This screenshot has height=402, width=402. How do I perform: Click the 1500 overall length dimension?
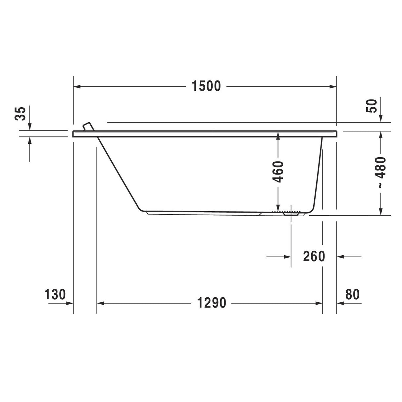pos(206,86)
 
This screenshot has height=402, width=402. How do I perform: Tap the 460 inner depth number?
pos(278,172)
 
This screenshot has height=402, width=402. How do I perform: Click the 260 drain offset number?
pos(314,256)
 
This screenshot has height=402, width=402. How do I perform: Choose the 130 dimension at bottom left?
pos(55,294)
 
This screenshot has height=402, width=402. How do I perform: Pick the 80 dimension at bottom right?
pos(352,294)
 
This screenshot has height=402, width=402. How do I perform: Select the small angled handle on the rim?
pos(88,127)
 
